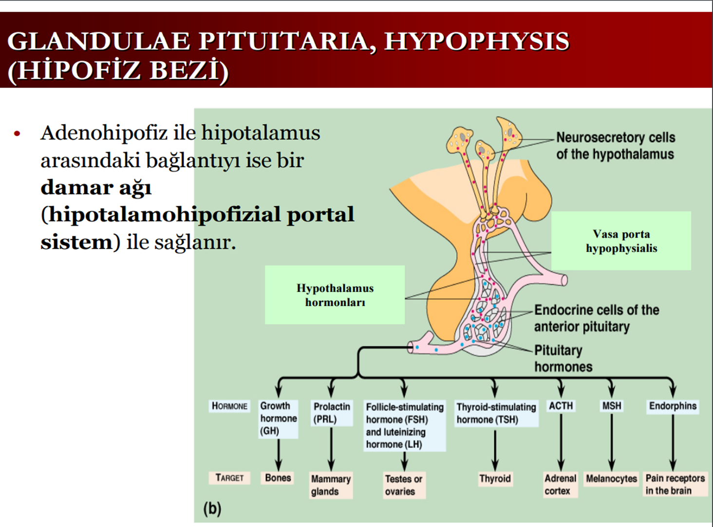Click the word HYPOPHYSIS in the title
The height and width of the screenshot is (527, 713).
click(476, 41)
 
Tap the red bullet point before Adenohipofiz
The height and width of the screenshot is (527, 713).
click(18, 134)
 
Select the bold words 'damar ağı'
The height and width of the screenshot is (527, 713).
click(96, 187)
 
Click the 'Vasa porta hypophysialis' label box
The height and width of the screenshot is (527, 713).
click(621, 241)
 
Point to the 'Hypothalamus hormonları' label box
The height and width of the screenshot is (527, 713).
click(335, 295)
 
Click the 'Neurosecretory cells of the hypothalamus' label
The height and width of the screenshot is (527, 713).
click(615, 146)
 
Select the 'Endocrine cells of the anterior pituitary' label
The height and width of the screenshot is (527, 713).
click(596, 318)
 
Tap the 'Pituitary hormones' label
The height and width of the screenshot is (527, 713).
click(563, 358)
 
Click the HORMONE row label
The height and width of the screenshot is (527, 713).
click(229, 406)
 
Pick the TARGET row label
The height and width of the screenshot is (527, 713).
click(229, 478)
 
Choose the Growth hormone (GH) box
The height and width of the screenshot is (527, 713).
click(278, 418)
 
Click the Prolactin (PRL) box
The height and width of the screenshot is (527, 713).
click(331, 412)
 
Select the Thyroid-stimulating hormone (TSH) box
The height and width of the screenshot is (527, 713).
click(496, 413)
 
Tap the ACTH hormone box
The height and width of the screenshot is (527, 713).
click(561, 406)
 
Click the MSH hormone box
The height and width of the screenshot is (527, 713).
click(612, 406)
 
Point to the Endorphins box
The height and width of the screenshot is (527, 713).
click(673, 406)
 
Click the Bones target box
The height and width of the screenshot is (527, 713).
click(278, 478)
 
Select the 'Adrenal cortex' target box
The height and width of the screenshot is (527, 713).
click(560, 485)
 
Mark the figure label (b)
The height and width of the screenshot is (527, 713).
click(212, 508)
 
